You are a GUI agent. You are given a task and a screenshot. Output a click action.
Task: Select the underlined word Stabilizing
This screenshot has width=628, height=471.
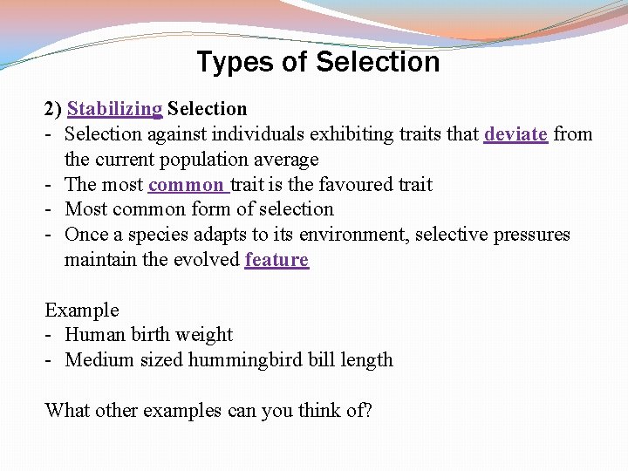114,109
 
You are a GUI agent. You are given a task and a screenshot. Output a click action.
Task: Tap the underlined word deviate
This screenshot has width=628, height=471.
515,134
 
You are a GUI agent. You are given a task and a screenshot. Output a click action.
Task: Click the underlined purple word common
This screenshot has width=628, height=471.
186,185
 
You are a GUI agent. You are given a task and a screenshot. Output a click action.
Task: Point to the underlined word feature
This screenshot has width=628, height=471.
276,260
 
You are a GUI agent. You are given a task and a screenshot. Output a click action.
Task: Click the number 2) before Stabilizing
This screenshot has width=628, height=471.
53,109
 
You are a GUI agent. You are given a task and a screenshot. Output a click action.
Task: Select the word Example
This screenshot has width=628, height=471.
82,311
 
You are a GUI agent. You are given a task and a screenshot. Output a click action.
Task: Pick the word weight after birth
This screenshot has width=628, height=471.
204,335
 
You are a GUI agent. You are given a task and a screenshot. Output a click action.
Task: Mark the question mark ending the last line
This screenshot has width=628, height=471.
367,410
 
